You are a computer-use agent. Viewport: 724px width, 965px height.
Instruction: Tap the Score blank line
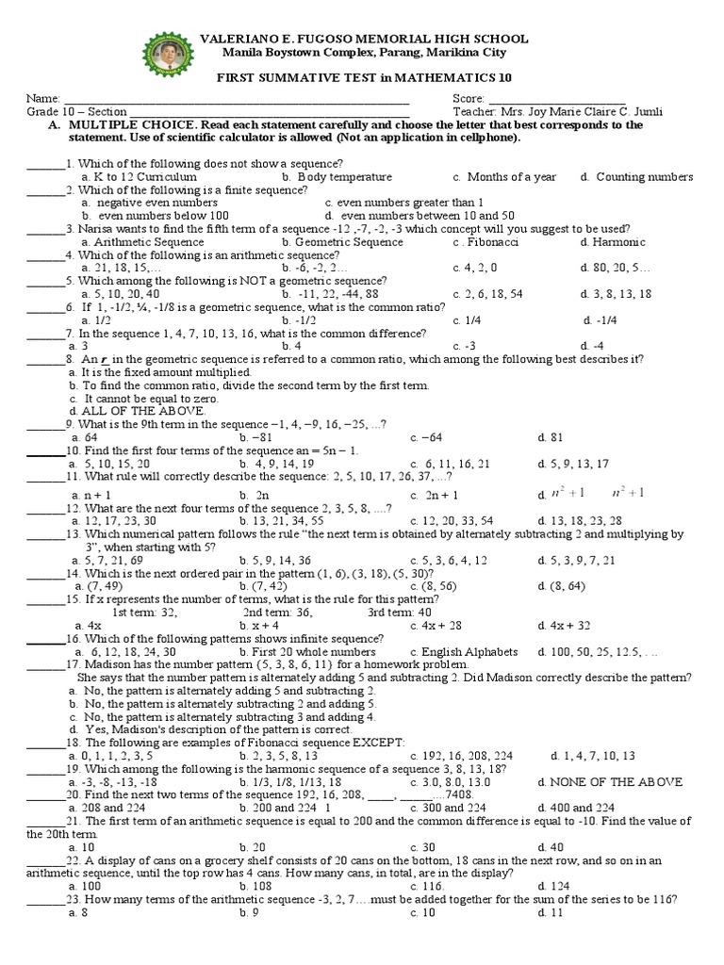point(556,100)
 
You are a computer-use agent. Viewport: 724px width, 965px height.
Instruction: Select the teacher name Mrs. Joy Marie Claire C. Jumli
point(557,112)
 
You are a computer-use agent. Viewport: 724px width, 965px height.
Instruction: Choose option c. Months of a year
point(504,177)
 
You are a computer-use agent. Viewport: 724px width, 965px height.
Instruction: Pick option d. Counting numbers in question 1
point(636,177)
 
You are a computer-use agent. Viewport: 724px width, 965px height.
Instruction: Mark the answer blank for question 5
point(44,281)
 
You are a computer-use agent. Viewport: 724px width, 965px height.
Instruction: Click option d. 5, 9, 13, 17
point(573,464)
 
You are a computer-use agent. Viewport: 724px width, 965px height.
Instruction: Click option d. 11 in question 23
point(550,912)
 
